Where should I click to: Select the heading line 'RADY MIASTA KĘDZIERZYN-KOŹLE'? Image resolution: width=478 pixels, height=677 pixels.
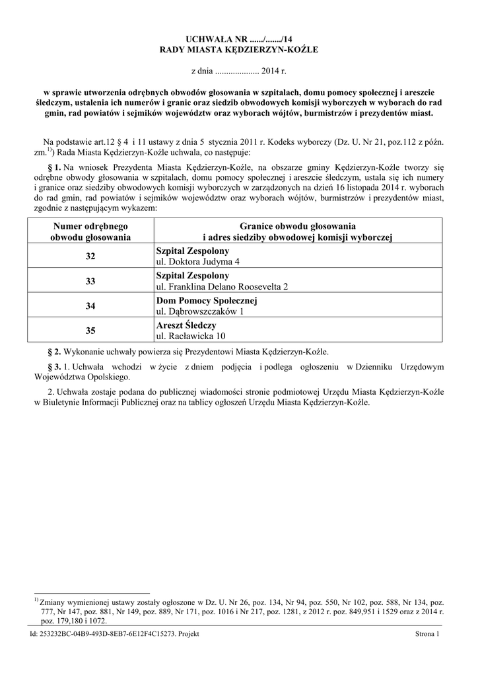click(x=239, y=51)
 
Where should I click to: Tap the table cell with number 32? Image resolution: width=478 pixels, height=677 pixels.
click(x=90, y=257)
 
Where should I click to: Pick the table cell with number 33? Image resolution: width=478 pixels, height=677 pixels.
click(x=90, y=282)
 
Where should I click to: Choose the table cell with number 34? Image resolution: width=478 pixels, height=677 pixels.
click(x=90, y=307)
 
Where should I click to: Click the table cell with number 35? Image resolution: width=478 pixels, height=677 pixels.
click(x=90, y=332)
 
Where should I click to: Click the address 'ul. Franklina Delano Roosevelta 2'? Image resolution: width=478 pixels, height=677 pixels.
click(x=222, y=288)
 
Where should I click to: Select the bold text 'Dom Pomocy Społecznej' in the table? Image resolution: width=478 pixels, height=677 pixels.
click(x=206, y=301)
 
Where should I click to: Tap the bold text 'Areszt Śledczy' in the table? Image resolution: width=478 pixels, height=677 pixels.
click(x=186, y=326)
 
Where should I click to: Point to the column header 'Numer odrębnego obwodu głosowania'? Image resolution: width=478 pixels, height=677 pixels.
click(x=90, y=231)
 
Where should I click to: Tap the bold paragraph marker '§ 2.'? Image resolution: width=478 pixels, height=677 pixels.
click(x=55, y=352)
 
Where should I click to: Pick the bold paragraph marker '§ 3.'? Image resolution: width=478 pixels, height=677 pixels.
click(x=55, y=367)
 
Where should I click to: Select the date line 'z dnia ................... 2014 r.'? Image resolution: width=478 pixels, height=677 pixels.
click(x=239, y=70)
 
